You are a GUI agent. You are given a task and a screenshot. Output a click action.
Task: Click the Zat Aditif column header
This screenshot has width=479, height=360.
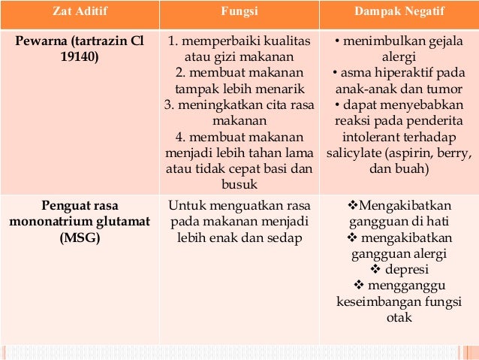(80, 12)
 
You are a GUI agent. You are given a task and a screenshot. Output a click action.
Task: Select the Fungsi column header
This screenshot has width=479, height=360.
(239, 12)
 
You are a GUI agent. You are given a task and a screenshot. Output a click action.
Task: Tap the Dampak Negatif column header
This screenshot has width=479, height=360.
(399, 12)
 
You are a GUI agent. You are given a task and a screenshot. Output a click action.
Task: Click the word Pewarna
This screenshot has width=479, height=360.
(43, 41)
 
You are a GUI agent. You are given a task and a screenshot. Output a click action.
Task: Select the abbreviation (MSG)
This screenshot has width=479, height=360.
(79, 238)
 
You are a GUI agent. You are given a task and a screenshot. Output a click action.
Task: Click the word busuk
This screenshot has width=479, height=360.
(239, 183)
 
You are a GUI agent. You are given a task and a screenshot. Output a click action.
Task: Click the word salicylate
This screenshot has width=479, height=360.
(356, 153)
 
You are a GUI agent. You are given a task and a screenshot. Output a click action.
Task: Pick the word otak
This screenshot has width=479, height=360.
(399, 318)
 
